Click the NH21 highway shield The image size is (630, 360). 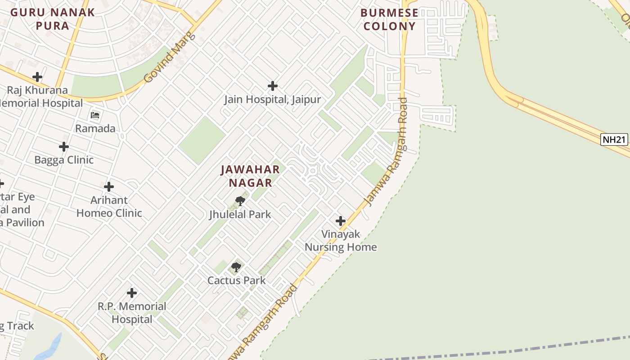tap(614, 139)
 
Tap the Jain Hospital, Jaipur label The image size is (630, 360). tap(272, 99)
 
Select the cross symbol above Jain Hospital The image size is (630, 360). tap(272, 85)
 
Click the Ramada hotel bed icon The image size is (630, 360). tap(95, 115)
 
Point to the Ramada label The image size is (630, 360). tap(95, 129)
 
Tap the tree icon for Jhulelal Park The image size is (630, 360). tap(240, 201)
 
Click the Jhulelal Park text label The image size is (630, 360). tap(240, 214)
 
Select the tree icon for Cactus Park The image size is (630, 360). tap(236, 267)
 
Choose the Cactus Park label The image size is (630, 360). tap(236, 280)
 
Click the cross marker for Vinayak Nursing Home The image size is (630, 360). tap(341, 221)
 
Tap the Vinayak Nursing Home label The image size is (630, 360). tap(341, 240)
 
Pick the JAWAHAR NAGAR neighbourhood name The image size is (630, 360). tap(250, 176)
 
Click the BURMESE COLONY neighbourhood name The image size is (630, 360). tap(389, 19)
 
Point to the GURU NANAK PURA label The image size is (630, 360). tap(53, 19)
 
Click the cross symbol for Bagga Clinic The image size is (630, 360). tap(64, 147)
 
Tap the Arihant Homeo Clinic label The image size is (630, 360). tap(109, 207)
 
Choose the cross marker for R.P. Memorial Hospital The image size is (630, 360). tap(132, 293)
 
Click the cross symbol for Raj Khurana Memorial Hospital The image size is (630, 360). tap(37, 77)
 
